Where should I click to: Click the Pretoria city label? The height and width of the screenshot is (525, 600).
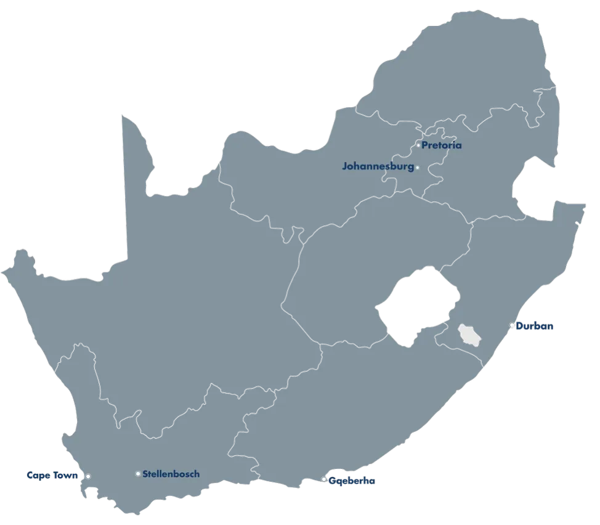[x=442, y=146]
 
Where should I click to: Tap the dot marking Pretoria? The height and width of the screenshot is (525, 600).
[x=418, y=145]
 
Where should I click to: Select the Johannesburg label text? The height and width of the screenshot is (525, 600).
[x=378, y=166]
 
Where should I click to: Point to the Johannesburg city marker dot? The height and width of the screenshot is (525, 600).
[x=417, y=168]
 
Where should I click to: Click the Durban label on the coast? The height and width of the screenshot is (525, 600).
[x=535, y=326]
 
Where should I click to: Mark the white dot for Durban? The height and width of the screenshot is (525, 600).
[x=512, y=325]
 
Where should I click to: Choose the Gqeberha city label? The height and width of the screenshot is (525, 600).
[x=352, y=481]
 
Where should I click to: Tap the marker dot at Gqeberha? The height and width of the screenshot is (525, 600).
[x=324, y=479]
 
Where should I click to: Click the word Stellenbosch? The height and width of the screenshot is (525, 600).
[x=171, y=474]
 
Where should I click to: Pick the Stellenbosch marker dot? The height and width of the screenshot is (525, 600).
[x=138, y=474]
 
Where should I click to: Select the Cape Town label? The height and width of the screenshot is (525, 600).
[x=52, y=476]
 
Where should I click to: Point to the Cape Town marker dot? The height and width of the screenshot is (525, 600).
[x=88, y=476]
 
